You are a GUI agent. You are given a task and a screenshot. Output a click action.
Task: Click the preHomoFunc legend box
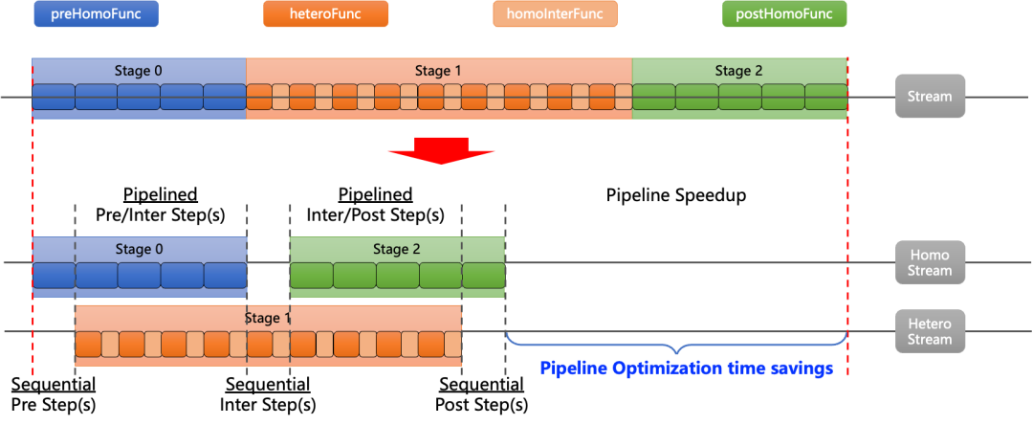pos(97,13)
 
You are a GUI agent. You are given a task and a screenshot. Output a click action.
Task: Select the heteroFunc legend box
pos(325,13)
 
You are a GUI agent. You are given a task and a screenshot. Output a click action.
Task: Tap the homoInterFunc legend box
pos(556,13)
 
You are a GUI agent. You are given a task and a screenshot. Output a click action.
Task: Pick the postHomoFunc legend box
pos(784,13)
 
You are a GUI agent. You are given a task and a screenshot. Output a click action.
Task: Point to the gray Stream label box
pos(930,97)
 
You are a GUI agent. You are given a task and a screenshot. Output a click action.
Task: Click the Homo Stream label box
pos(930,263)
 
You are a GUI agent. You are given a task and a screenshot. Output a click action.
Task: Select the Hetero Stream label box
pos(930,331)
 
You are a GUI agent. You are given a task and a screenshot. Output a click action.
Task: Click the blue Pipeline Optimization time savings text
pos(687,369)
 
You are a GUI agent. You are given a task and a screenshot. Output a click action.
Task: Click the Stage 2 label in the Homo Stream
pos(397,249)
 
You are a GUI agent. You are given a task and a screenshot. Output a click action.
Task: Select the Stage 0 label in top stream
pos(139,71)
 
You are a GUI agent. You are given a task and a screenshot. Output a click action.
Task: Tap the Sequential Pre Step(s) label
pos(54,394)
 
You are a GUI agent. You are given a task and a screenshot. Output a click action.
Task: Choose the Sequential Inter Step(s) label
pos(268,394)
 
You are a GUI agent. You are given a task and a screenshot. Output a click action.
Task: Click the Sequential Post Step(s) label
pos(481,394)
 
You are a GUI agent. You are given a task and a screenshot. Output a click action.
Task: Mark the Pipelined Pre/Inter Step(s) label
pos(161,204)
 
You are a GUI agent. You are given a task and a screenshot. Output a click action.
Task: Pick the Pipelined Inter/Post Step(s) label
pos(376,204)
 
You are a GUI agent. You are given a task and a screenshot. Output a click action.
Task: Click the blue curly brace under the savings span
pos(676,344)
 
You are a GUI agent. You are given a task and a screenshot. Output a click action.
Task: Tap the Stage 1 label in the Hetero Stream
pos(268,318)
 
